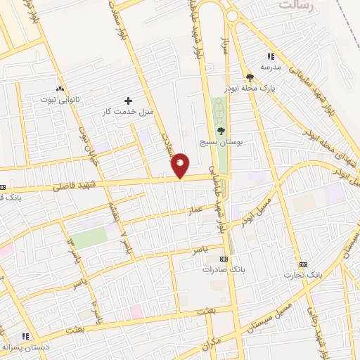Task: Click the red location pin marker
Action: pos(181,165)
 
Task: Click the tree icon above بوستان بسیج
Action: pos(221,131)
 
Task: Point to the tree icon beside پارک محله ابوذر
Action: pos(250,78)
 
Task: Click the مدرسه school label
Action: pos(271,66)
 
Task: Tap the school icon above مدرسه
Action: pos(271,56)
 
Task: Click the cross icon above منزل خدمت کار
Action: pos(127,101)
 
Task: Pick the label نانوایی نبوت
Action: pos(60,100)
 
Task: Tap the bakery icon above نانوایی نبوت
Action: pos(60,89)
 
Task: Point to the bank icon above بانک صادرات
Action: pos(214,259)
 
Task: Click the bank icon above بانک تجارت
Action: pos(303,264)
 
